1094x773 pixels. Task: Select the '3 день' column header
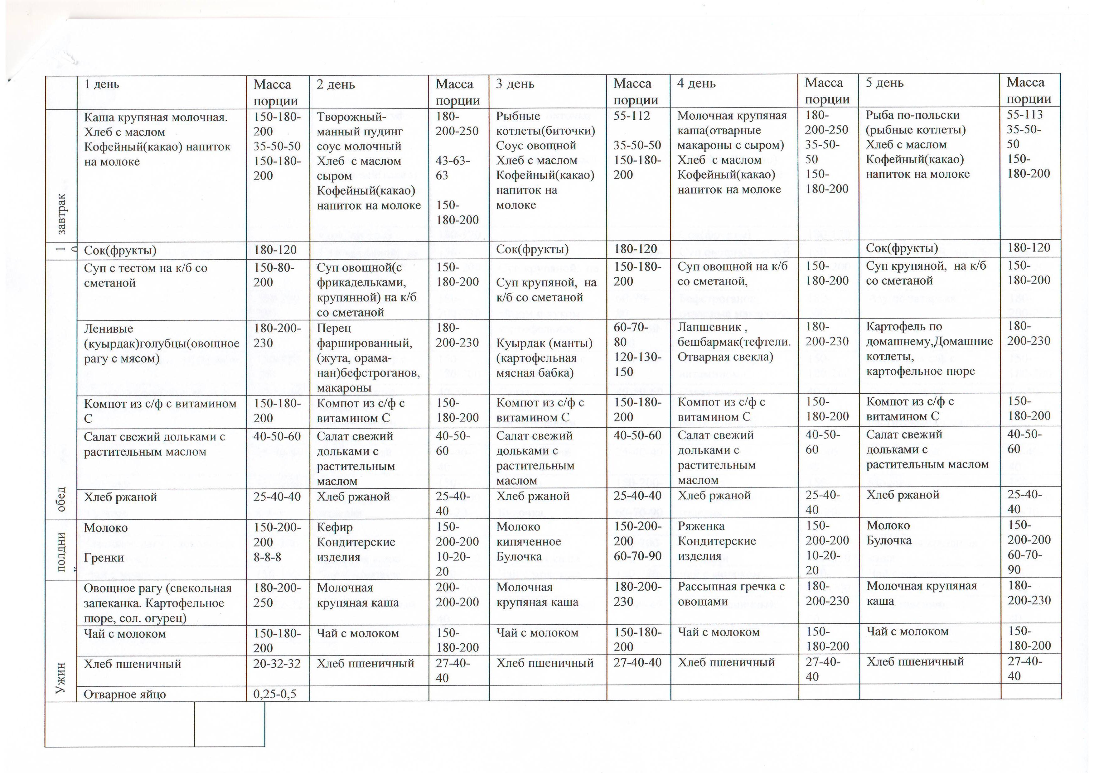pyautogui.click(x=515, y=84)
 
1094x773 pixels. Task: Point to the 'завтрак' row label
pyautogui.click(x=61, y=214)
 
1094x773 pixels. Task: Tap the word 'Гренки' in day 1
pyautogui.click(x=104, y=558)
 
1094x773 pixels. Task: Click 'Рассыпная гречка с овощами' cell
pyautogui.click(x=731, y=594)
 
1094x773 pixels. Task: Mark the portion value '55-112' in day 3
pyautogui.click(x=632, y=116)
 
